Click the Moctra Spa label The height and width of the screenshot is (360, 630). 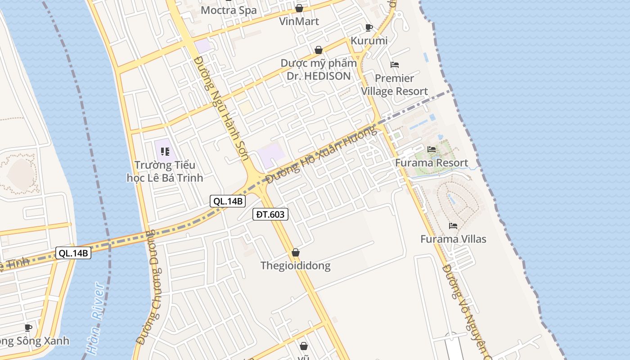click(229, 10)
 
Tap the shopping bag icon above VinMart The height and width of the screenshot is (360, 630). click(299, 8)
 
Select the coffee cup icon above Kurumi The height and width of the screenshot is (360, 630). click(369, 28)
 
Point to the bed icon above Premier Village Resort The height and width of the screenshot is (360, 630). click(395, 65)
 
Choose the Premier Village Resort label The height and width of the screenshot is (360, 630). click(394, 85)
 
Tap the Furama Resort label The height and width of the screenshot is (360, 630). click(432, 163)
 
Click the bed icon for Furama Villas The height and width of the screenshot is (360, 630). click(453, 225)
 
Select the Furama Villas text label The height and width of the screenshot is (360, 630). click(453, 239)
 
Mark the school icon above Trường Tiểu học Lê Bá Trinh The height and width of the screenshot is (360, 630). click(165, 152)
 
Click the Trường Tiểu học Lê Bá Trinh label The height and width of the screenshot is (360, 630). click(165, 171)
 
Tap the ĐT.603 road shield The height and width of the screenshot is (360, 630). click(270, 215)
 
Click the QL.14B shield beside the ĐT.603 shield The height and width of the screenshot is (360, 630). click(228, 201)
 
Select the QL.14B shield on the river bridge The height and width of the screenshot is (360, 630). click(73, 253)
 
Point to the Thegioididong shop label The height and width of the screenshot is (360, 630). click(295, 265)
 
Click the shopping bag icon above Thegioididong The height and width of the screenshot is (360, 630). click(296, 252)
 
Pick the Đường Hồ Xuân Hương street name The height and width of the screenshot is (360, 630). click(321, 154)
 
